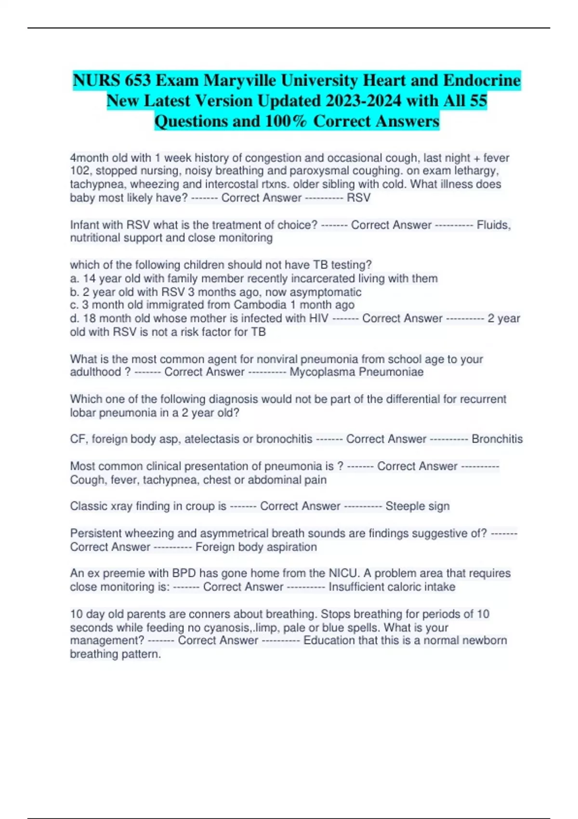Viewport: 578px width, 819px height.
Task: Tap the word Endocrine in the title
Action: click(482, 80)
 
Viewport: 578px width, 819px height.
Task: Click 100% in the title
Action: click(286, 121)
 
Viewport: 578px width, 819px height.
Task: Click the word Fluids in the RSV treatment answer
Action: click(493, 225)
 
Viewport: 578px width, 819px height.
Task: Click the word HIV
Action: click(318, 318)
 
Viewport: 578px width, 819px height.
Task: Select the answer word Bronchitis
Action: click(497, 439)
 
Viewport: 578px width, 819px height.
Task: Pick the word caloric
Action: click(404, 587)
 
